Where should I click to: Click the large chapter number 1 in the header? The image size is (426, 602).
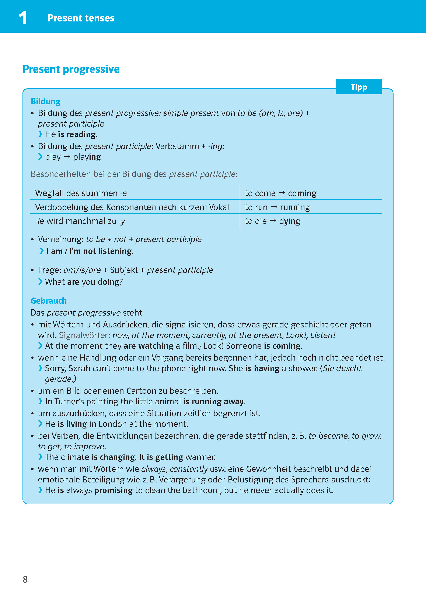point(23,18)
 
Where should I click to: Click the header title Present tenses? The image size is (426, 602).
point(81,18)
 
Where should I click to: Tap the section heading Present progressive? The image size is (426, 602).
point(71,69)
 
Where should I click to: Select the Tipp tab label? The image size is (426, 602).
point(359,87)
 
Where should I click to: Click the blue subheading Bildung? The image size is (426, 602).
point(45,101)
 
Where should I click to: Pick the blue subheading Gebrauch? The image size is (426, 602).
point(49,301)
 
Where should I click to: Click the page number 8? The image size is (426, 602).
point(25,579)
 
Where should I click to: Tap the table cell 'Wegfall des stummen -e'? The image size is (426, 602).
point(81,193)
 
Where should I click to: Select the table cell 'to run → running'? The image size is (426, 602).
point(277,207)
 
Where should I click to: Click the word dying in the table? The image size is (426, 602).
point(289,221)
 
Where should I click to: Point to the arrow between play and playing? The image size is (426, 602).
point(67,157)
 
